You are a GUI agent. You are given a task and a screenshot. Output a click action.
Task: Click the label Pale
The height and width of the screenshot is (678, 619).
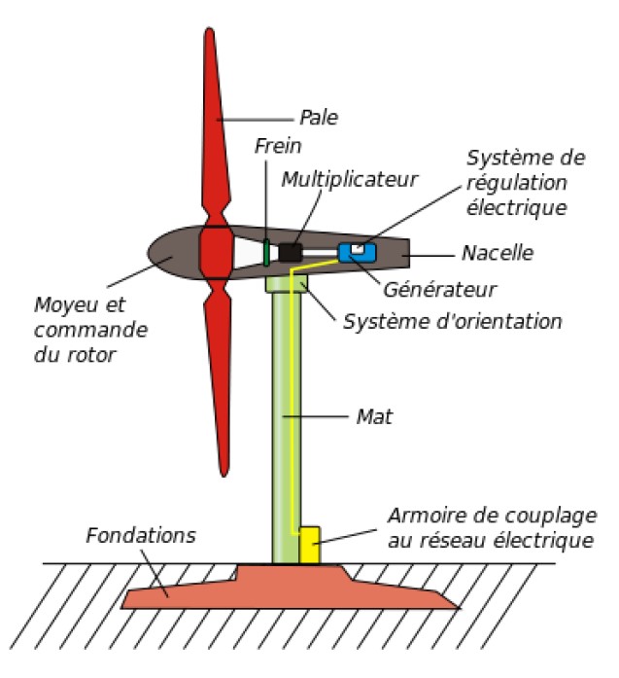pos(318,119)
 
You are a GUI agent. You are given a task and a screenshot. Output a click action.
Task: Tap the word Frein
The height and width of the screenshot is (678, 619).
pos(278,146)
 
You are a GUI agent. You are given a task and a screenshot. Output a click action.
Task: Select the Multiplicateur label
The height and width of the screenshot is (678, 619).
pos(349,180)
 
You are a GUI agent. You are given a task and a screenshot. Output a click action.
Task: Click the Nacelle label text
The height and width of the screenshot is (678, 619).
pos(498,253)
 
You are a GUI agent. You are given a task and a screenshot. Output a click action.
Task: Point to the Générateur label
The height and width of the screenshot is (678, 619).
pos(440,289)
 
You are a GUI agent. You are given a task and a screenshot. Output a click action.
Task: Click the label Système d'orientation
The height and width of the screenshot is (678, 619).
pos(452,320)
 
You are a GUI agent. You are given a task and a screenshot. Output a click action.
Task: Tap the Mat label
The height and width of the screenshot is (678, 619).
pos(373,416)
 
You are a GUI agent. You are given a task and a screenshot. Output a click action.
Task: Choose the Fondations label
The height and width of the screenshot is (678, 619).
pos(141,536)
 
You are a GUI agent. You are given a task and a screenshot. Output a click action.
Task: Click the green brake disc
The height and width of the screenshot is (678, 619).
pos(266,252)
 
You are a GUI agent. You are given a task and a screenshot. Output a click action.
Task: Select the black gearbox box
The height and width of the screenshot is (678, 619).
pos(290,253)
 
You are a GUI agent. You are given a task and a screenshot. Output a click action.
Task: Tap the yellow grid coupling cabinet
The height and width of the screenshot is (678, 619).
pos(309,545)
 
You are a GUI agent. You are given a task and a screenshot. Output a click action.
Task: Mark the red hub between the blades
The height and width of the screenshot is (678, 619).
pos(215,253)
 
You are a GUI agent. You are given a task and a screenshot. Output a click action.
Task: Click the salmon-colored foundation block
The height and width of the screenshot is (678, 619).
pos(292,589)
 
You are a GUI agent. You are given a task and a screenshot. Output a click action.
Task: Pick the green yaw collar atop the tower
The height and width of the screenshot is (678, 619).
pos(286,283)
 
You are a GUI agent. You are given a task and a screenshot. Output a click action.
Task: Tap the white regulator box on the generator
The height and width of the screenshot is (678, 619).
pos(358,248)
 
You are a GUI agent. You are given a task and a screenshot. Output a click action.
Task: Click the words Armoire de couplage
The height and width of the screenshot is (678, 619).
pos(492,515)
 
